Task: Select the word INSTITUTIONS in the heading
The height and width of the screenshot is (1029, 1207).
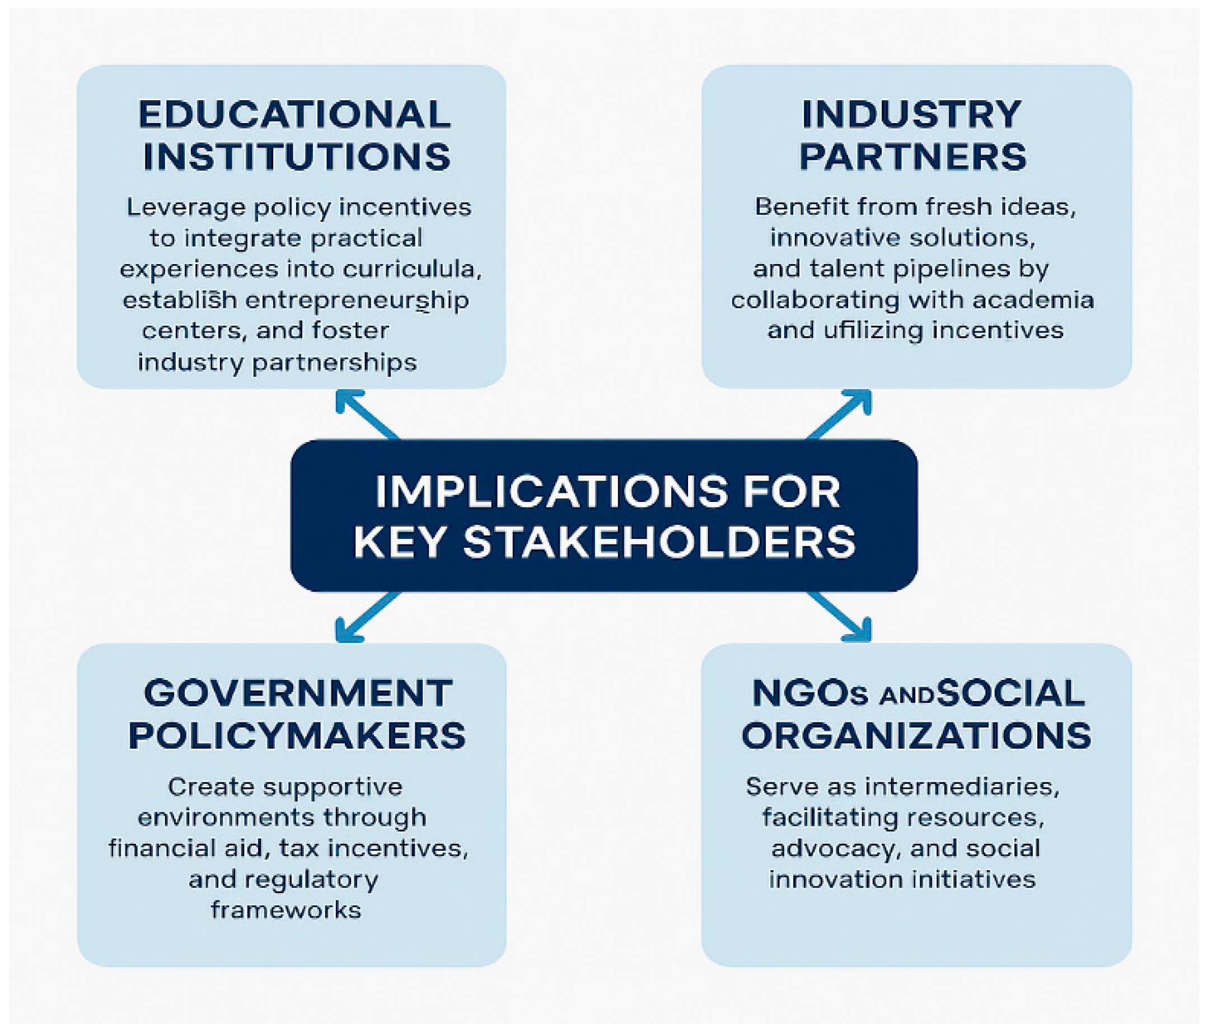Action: tap(297, 157)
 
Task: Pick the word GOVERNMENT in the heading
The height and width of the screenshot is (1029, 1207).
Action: tap(298, 693)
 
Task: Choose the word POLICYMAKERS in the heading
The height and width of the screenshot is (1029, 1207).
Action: tap(297, 735)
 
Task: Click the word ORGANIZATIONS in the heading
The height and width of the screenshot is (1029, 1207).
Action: tap(916, 735)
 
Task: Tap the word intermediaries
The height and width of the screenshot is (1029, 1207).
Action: tap(962, 787)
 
